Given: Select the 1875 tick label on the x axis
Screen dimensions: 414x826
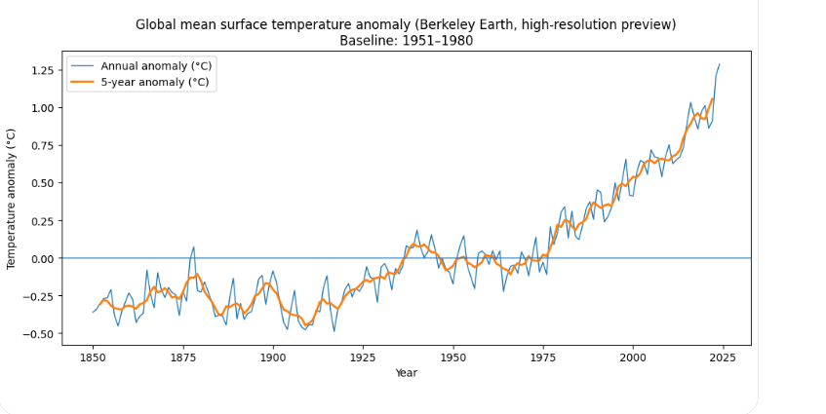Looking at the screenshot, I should [183, 358].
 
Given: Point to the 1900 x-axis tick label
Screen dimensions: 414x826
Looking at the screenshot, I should [273, 358].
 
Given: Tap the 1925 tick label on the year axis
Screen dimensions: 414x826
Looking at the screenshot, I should [363, 358].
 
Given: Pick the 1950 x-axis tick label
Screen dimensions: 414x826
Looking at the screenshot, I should [453, 358].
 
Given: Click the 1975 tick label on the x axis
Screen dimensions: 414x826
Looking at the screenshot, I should [543, 358].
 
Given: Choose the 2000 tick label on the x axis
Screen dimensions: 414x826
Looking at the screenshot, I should [633, 358].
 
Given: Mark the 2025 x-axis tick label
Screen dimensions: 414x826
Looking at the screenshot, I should [723, 358].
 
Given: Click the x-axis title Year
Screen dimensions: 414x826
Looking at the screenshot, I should [406, 373].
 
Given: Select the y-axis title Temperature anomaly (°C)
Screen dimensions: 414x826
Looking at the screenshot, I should [13, 198].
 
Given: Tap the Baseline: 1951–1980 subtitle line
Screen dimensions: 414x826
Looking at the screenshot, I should [406, 40].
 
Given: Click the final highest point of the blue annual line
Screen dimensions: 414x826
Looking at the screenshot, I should [720, 64].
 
